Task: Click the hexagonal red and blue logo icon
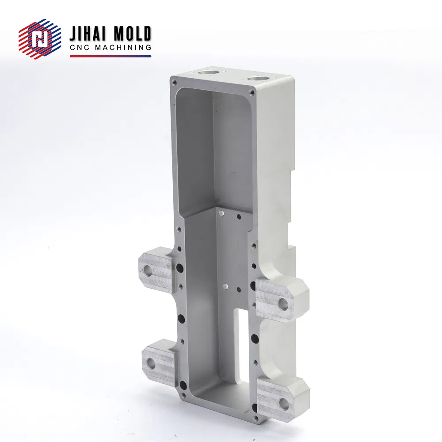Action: pos(40,39)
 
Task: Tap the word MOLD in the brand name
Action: pos(132,34)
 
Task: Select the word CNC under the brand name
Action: pos(80,48)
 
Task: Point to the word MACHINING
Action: pos(123,48)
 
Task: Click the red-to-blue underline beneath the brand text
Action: pos(110,56)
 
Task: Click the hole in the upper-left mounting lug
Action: pos(148,271)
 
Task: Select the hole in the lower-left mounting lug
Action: pos(151,364)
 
